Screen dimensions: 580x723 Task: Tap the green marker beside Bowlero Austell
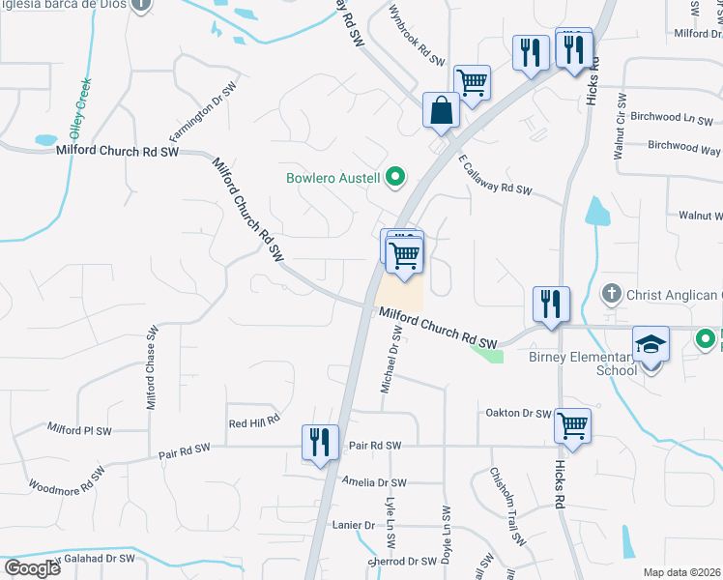(394, 177)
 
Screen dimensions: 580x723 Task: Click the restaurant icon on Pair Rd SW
(319, 442)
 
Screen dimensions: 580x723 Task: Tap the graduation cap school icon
(651, 343)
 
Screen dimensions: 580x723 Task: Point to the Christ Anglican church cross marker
(611, 293)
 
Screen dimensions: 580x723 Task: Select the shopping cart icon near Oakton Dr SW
(573, 423)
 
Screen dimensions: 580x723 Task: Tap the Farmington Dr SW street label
(203, 110)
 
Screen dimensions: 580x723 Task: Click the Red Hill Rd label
(253, 420)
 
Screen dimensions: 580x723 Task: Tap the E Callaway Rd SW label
(495, 175)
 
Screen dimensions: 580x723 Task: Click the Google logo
(32, 567)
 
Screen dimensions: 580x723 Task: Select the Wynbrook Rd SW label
(417, 40)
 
